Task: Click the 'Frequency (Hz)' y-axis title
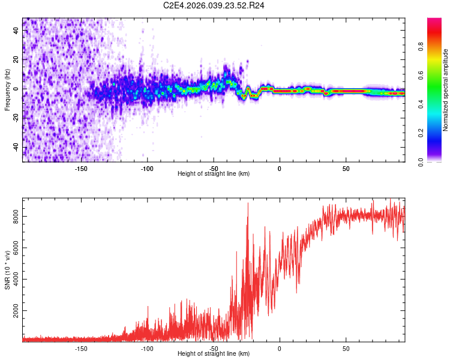pyautogui.click(x=7, y=89)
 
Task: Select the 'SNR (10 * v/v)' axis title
pyautogui.click(x=8, y=270)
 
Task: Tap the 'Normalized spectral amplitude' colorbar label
pyautogui.click(x=446, y=90)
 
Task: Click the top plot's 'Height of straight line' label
pyautogui.click(x=214, y=173)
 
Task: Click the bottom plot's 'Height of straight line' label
pyautogui.click(x=214, y=354)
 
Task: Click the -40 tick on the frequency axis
pyautogui.click(x=15, y=148)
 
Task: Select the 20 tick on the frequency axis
pyautogui.click(x=16, y=59)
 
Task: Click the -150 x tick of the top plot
pyautogui.click(x=81, y=168)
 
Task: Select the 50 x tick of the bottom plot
pyautogui.click(x=346, y=348)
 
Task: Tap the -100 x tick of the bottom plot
pyautogui.click(x=147, y=348)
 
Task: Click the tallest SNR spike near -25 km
pyautogui.click(x=248, y=203)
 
